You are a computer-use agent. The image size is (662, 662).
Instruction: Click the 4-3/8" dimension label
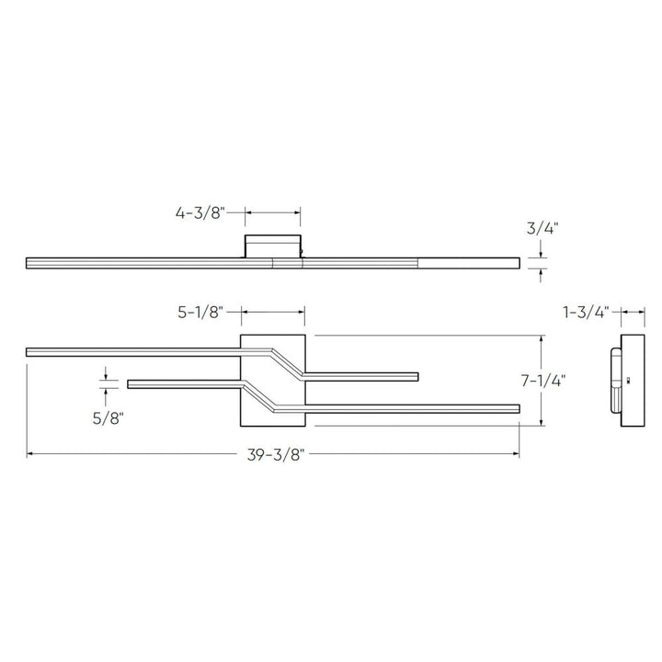click(200, 213)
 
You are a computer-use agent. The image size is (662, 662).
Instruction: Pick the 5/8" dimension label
click(107, 417)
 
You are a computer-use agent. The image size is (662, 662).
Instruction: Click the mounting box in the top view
click(273, 245)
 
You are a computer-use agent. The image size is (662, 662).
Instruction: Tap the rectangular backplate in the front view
click(272, 381)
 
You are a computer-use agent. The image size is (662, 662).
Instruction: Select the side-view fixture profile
click(624, 381)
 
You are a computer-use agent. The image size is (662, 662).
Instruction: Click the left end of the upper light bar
click(29, 350)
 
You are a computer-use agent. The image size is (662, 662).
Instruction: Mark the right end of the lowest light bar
click(518, 407)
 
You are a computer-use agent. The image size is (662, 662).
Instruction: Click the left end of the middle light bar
click(131, 383)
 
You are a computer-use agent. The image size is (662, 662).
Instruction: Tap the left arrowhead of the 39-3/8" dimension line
click(29, 453)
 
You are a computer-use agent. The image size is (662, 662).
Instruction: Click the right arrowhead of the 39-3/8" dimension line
click(517, 453)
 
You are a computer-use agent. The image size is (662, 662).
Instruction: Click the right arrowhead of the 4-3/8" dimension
click(299, 212)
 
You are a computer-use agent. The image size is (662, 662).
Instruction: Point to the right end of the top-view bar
click(517, 263)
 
